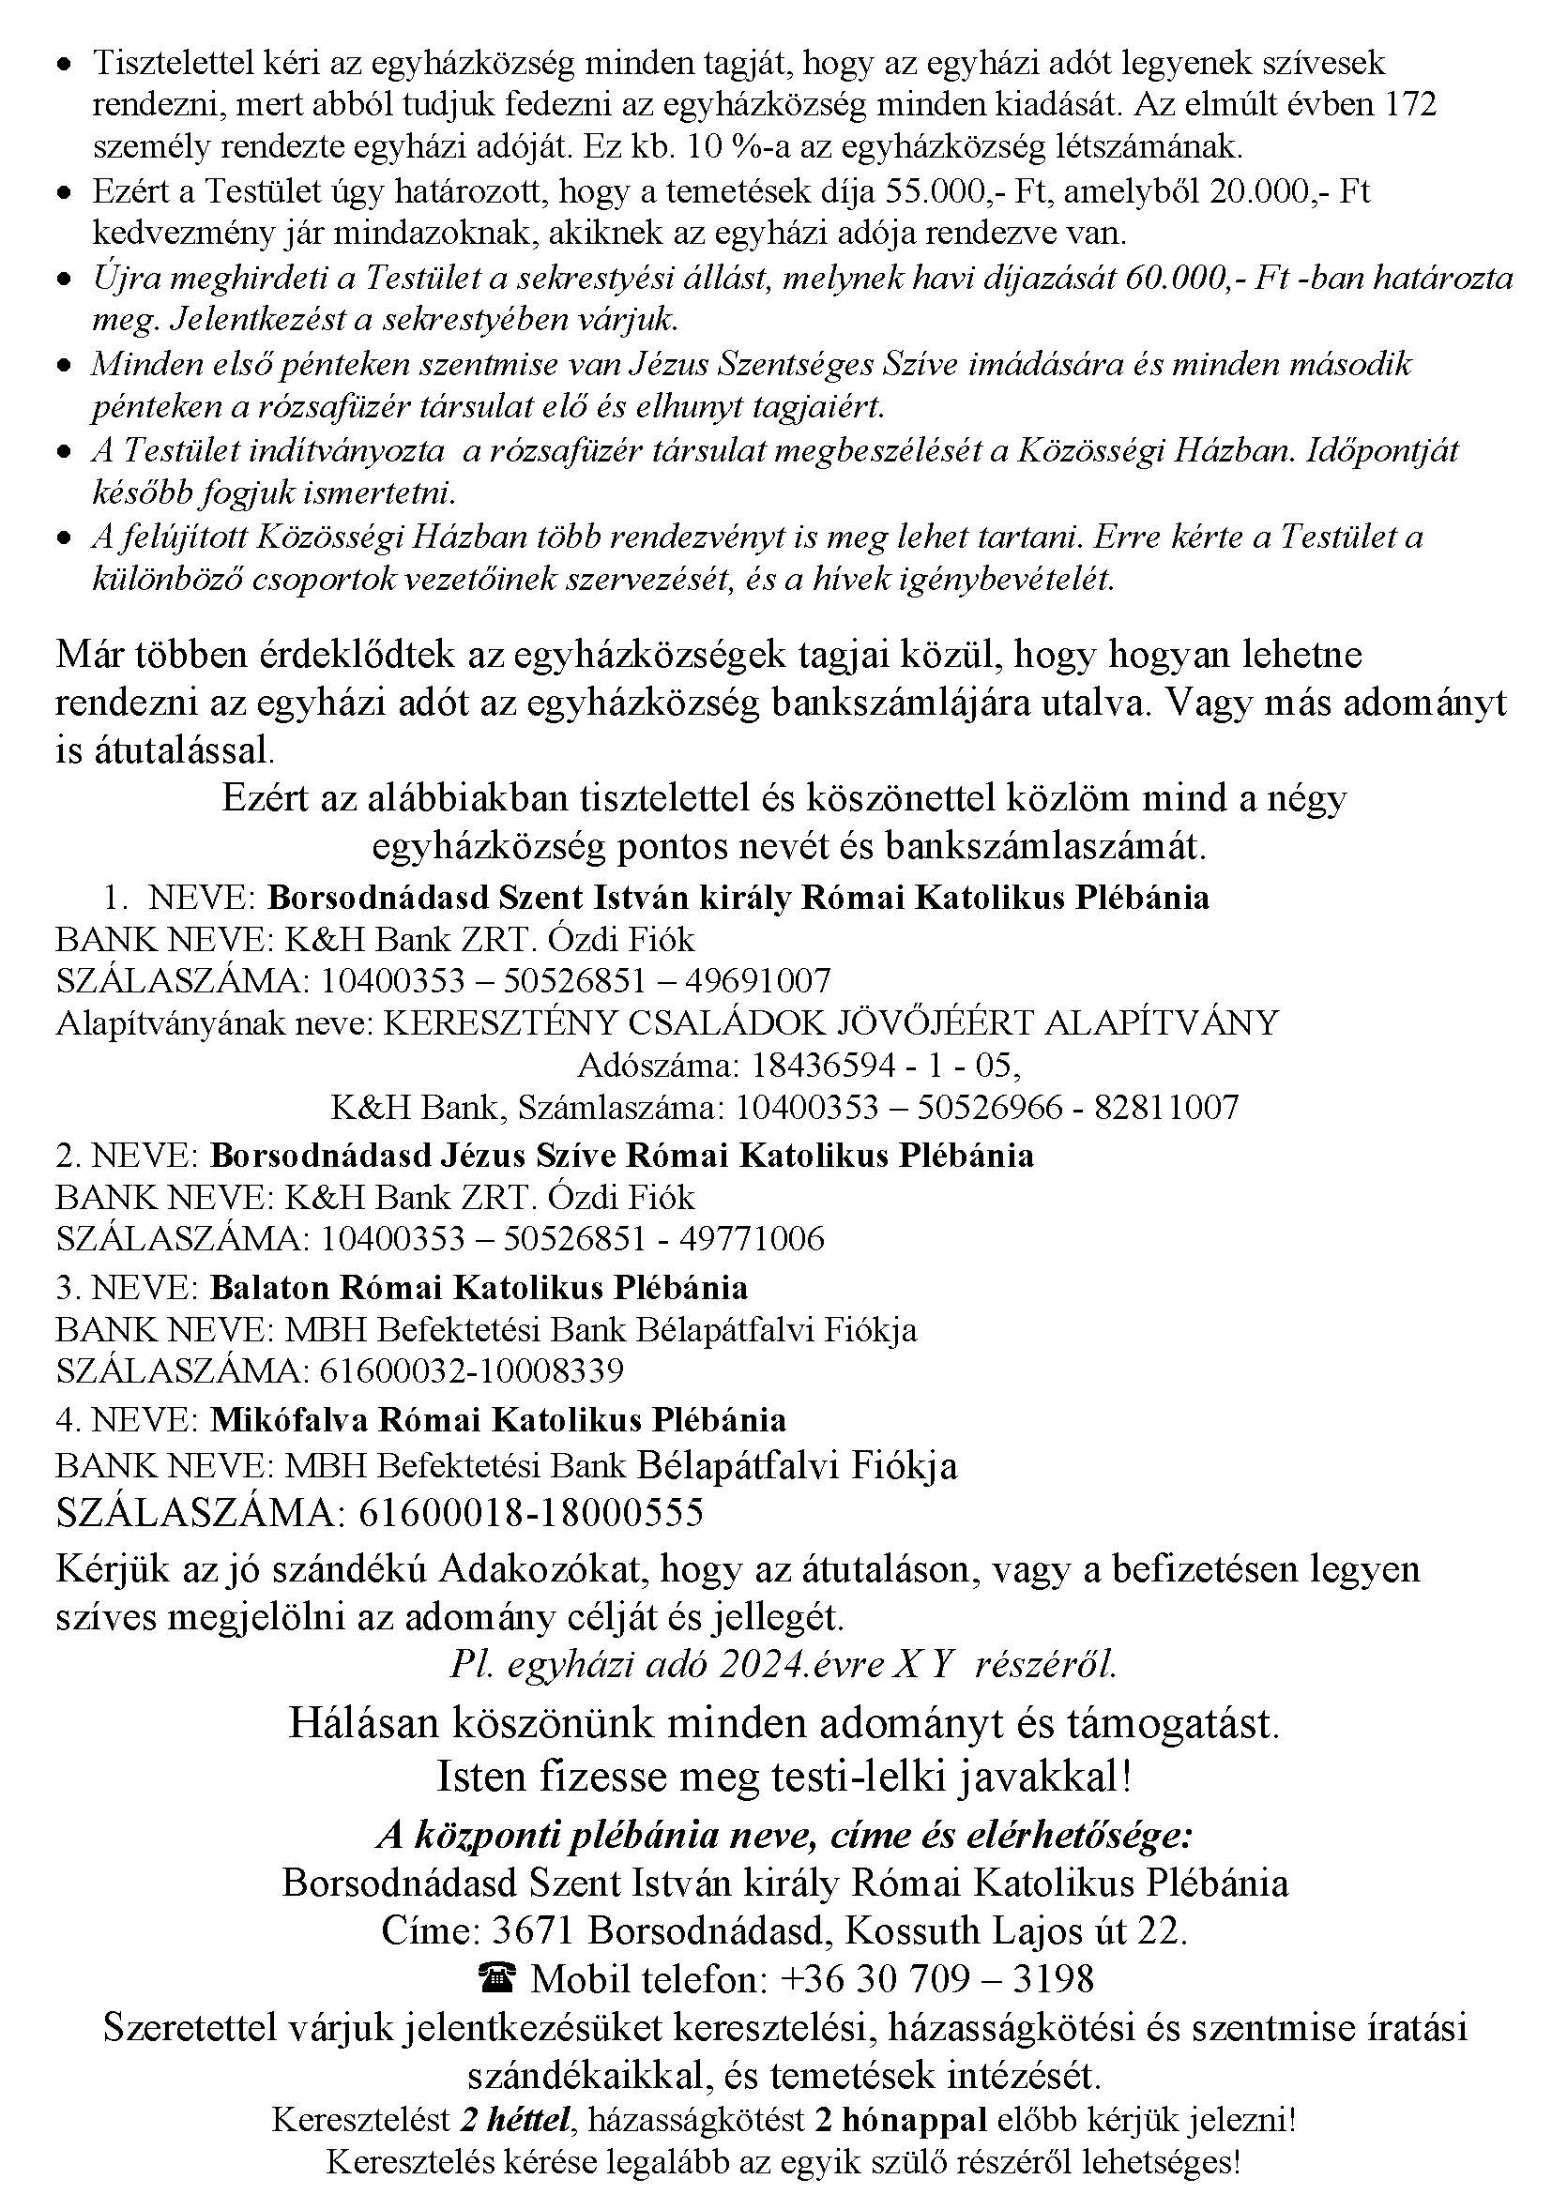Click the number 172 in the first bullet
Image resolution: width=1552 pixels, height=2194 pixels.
click(1409, 104)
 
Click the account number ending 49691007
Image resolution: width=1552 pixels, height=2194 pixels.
click(575, 980)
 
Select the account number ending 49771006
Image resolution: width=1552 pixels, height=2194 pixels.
click(571, 1238)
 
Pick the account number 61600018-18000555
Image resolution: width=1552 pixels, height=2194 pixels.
click(531, 1513)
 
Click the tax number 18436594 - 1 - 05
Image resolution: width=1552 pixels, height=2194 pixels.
click(886, 1065)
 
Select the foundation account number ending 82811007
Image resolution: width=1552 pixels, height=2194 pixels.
click(987, 1108)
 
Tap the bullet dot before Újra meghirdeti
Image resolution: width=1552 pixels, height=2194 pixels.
click(64, 280)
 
